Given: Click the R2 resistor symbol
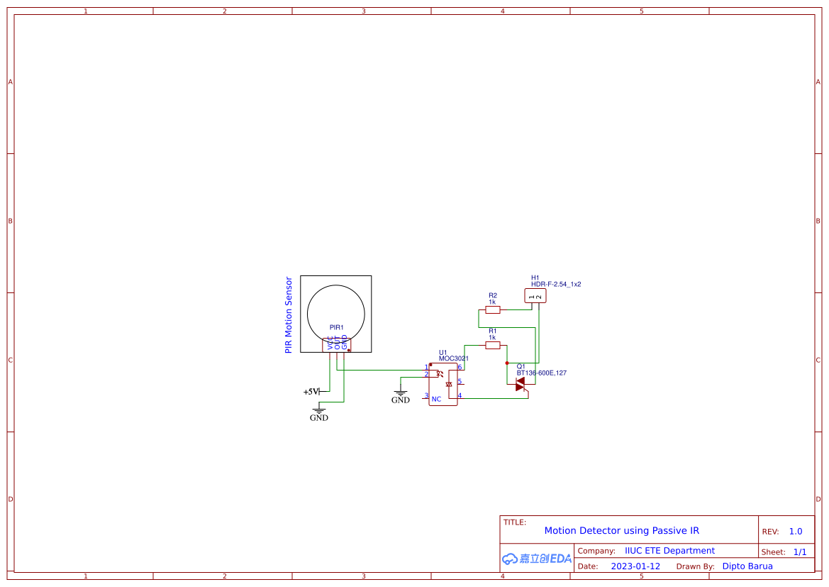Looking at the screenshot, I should [492, 309].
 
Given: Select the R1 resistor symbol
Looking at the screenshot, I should [492, 345].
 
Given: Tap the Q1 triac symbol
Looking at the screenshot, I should [521, 384].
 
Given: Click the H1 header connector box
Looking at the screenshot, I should [535, 296].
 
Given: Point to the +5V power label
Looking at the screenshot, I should [311, 392].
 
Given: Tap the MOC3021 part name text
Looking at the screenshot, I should [454, 359].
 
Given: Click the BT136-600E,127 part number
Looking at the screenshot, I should [542, 373].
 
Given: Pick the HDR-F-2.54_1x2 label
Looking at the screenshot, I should [556, 284].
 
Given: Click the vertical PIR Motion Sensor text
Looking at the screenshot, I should [289, 315].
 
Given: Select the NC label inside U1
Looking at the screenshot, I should [436, 399].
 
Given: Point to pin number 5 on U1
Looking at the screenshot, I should [460, 381].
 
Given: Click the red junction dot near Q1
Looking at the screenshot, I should [506, 362].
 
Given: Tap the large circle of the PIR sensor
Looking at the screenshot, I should [336, 314].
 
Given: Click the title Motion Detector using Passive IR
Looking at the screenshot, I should [621, 531].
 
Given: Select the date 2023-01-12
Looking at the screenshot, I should [635, 566].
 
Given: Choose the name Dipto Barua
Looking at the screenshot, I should [747, 566].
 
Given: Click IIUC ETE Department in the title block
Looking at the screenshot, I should [669, 551].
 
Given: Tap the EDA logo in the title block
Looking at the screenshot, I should [537, 559].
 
